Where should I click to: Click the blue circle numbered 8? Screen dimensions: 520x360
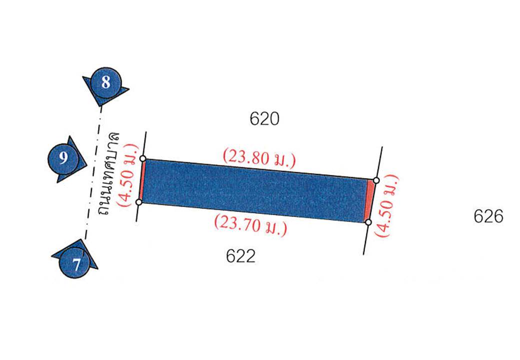pyautogui.click(x=106, y=82)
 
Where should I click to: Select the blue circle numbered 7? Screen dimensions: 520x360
pyautogui.click(x=75, y=263)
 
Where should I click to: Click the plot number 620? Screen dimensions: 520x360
pyautogui.click(x=264, y=119)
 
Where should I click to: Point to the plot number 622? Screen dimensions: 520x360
pyautogui.click(x=241, y=256)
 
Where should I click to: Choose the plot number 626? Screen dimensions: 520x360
pyautogui.click(x=488, y=217)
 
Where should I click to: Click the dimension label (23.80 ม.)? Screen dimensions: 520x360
pyautogui.click(x=259, y=159)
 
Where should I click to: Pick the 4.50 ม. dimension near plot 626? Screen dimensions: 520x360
pyautogui.click(x=386, y=206)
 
